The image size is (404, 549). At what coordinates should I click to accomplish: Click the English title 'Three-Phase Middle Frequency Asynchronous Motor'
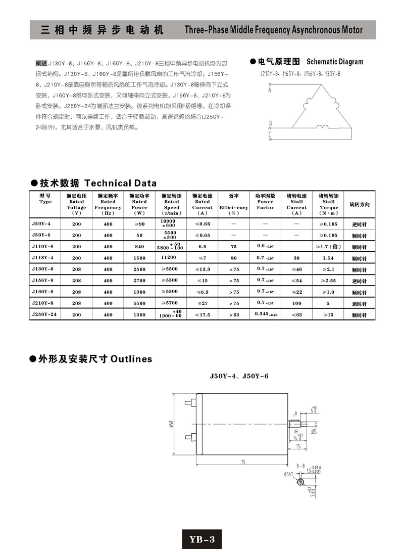click(274, 30)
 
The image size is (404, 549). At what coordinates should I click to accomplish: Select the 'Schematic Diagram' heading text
click(335, 62)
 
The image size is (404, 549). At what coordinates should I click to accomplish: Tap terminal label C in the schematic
click(270, 134)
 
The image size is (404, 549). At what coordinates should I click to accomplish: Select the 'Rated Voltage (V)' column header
click(77, 204)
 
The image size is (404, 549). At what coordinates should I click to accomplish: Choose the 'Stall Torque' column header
click(329, 204)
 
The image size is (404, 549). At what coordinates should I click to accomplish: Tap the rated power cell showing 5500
click(139, 303)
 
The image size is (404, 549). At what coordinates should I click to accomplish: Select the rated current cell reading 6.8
click(202, 246)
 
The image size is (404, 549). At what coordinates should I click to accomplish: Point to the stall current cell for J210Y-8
click(296, 303)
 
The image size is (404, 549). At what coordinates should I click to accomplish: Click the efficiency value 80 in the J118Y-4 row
click(234, 258)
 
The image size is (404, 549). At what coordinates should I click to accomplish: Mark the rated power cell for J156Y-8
click(139, 280)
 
